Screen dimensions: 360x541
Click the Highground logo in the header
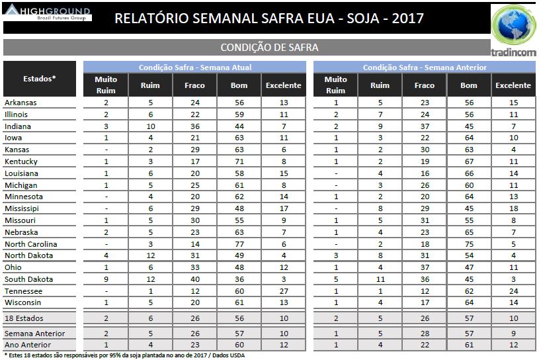48,13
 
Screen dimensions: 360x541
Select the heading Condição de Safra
269,48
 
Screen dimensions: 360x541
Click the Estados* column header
39,79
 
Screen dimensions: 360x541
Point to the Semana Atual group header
194,67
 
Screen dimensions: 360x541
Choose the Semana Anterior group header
425,67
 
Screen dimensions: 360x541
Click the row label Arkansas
21,103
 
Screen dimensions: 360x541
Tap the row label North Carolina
30,244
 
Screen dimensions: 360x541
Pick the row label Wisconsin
22,303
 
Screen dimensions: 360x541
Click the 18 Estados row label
25,318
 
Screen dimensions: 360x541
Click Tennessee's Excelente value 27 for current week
283,291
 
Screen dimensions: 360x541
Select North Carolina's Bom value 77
239,244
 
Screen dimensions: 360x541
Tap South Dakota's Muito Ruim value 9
106,279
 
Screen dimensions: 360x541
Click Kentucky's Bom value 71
239,161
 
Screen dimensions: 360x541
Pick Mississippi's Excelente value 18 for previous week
513,208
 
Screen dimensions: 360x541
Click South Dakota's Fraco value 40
194,279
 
